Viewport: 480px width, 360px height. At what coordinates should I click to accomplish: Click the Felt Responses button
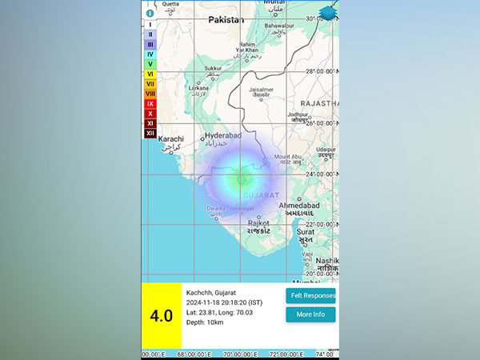tap(312, 295)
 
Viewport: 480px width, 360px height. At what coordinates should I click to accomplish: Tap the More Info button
tap(310, 314)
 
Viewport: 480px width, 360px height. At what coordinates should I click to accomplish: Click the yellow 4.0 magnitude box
tap(162, 315)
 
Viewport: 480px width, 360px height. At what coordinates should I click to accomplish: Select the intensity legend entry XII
tap(150, 133)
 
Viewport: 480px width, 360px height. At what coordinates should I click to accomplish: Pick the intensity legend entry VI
tap(150, 74)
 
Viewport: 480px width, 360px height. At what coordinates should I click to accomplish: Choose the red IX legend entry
tap(150, 103)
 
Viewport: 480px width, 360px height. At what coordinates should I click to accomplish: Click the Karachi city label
tap(170, 139)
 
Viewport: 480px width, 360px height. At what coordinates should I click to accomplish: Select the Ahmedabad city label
tap(300, 206)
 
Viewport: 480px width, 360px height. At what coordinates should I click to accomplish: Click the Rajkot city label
tap(258, 223)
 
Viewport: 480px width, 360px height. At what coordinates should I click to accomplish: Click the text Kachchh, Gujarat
tap(211, 293)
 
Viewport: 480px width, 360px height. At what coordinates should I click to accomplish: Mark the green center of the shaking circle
tap(240, 179)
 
